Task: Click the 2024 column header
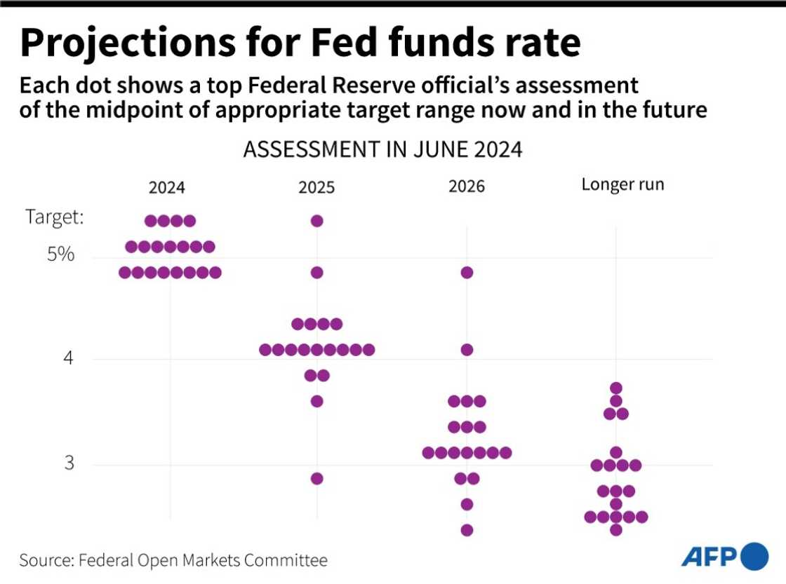point(167,188)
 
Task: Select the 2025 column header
point(317,188)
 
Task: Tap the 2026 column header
point(466,188)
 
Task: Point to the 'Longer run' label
point(622,185)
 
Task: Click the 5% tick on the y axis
point(61,254)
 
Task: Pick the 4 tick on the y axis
point(68,359)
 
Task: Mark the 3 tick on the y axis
point(68,463)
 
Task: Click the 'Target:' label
point(55,217)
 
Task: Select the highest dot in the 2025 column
point(317,221)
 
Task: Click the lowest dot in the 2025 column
point(317,478)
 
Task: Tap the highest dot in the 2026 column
point(467,272)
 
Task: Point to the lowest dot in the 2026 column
point(467,530)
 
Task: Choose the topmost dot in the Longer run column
point(616,388)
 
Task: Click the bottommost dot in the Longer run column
point(616,529)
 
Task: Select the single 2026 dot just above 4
point(467,349)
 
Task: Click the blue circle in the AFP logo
point(754,556)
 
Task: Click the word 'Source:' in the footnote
point(46,560)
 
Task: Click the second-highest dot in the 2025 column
point(317,272)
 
